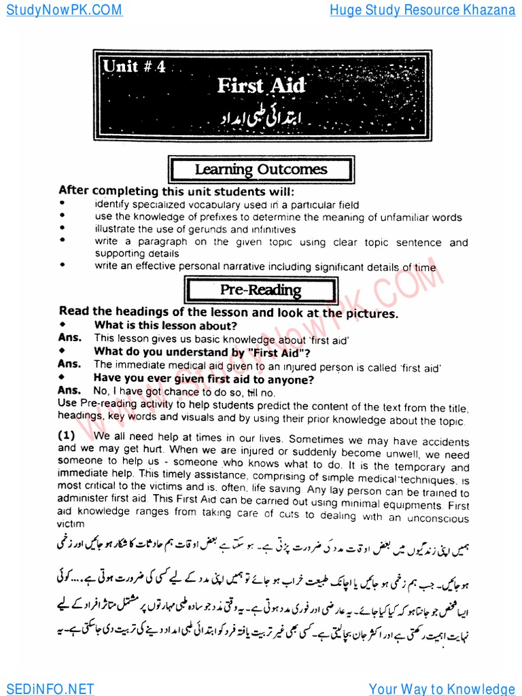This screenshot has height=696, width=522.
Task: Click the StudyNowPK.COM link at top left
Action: [x=62, y=10]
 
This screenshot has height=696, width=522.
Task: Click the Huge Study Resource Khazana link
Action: [x=422, y=10]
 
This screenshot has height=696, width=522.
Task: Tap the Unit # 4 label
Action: [x=134, y=67]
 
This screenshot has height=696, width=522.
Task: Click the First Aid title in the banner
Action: [x=261, y=86]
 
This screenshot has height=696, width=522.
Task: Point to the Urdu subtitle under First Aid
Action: [x=262, y=118]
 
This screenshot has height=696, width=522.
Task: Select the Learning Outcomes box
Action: [x=261, y=170]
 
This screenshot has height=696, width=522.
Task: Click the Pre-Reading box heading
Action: [x=261, y=290]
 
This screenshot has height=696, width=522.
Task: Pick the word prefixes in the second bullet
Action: [x=215, y=217]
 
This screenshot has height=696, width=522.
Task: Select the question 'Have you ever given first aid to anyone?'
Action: [x=204, y=379]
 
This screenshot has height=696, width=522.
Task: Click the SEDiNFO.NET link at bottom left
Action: [x=47, y=689]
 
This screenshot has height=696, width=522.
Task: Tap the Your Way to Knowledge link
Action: [x=442, y=689]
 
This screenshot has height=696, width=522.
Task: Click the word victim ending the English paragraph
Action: [x=72, y=524]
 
